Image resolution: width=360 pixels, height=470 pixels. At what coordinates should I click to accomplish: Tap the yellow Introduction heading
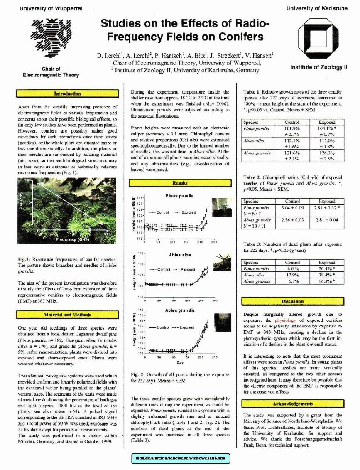[x=67, y=94]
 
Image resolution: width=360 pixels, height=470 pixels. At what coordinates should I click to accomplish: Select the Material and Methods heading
[x=67, y=315]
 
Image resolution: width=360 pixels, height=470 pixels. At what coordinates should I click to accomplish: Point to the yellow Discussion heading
[x=293, y=300]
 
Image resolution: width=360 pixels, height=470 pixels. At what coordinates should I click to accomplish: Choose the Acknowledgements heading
[x=293, y=404]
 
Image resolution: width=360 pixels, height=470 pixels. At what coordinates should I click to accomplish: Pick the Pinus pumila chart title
[x=179, y=195]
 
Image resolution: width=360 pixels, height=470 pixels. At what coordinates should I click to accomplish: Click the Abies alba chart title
[x=180, y=255]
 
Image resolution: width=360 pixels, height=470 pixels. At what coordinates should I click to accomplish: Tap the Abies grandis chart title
[x=180, y=310]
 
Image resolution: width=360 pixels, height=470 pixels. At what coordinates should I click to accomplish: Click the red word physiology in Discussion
[x=285, y=320]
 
